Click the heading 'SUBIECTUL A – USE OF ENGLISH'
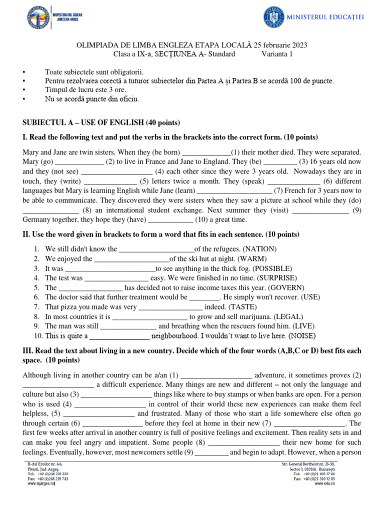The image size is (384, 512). pos(101,122)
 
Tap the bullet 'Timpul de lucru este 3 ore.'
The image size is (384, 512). pos(85,90)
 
